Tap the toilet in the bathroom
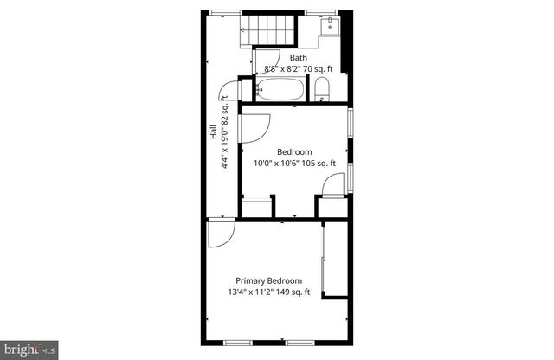click(x=321, y=88)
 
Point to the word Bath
click(x=299, y=58)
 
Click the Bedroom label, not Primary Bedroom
click(x=293, y=151)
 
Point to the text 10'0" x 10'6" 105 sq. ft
click(x=293, y=162)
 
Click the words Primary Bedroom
click(x=269, y=280)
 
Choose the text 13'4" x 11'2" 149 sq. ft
click(x=269, y=292)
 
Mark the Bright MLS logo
click(x=31, y=349)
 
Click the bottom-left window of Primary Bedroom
click(x=234, y=342)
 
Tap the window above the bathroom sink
click(x=329, y=12)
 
